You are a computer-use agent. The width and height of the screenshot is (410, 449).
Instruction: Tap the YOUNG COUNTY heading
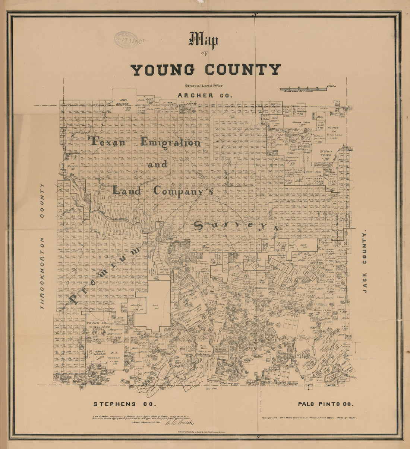(x=205, y=70)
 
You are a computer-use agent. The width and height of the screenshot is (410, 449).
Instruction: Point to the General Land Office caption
(x=201, y=85)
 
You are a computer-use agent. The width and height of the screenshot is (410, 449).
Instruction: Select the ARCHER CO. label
(x=205, y=95)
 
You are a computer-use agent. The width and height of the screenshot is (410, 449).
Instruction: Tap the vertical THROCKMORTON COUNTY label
(x=42, y=246)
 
